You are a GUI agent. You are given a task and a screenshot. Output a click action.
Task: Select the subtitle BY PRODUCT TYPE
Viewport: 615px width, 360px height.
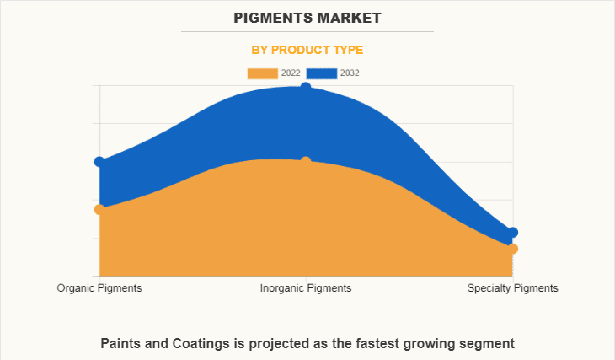(307, 50)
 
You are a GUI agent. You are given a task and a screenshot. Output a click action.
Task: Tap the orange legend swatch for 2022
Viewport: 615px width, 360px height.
(262, 73)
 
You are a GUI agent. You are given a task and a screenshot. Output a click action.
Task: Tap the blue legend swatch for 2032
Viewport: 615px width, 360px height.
(322, 73)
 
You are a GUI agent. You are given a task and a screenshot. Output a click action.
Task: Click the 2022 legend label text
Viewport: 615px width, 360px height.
(291, 73)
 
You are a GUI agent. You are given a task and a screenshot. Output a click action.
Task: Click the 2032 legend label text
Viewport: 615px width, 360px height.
(350, 73)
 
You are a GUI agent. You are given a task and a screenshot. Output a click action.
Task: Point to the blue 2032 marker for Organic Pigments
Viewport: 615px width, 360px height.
(99, 161)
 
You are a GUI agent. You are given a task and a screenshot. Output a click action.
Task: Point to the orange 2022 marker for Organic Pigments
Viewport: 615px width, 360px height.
(99, 209)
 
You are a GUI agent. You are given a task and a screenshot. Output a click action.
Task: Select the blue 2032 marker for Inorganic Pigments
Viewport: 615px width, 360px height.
(306, 87)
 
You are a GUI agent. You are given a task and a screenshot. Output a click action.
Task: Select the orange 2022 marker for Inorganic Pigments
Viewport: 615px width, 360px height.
(306, 161)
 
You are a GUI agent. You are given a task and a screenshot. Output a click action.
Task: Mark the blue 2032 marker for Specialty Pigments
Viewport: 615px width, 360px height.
(512, 233)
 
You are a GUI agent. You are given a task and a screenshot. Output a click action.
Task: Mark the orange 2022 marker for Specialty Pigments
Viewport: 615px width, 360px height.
(512, 249)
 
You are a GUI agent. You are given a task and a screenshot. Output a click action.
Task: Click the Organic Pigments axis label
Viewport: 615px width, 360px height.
(99, 288)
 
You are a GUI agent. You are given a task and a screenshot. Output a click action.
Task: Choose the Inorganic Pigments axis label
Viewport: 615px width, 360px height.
(306, 288)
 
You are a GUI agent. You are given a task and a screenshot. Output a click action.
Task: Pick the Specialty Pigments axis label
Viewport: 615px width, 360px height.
(512, 288)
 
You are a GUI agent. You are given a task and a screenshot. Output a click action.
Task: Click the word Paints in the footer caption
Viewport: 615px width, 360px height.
(121, 343)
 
